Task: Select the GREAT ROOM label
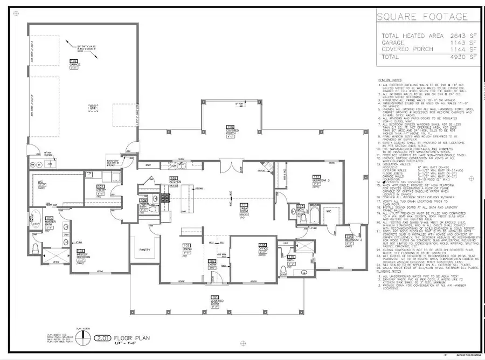(243, 207)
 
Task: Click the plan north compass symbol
(82, 337)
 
